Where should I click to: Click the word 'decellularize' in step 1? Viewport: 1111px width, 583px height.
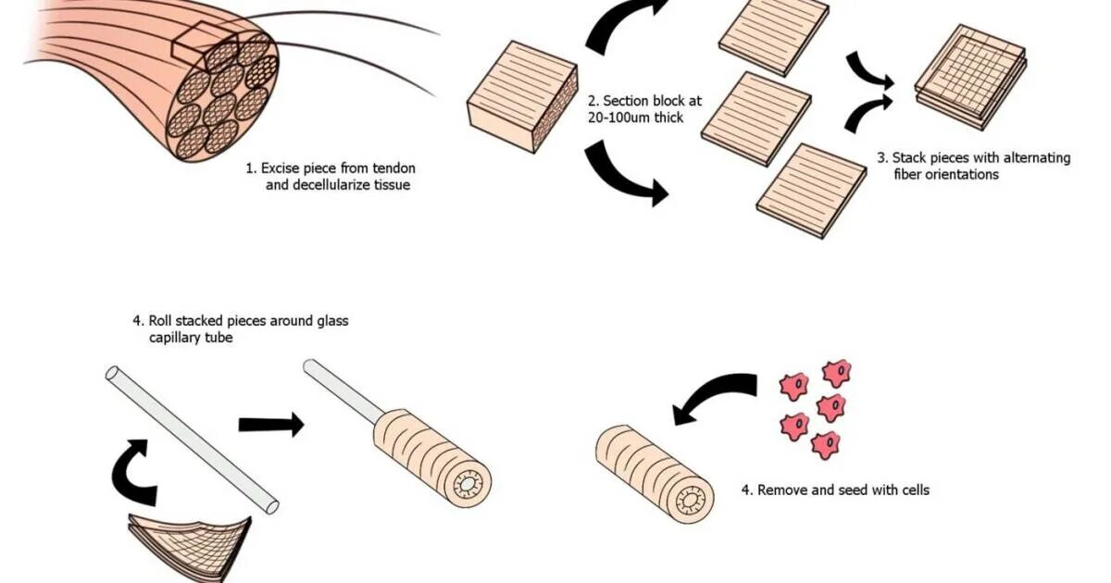click(307, 185)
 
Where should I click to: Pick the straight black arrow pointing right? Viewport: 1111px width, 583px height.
click(270, 425)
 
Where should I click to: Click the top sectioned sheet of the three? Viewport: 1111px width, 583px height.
click(774, 34)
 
